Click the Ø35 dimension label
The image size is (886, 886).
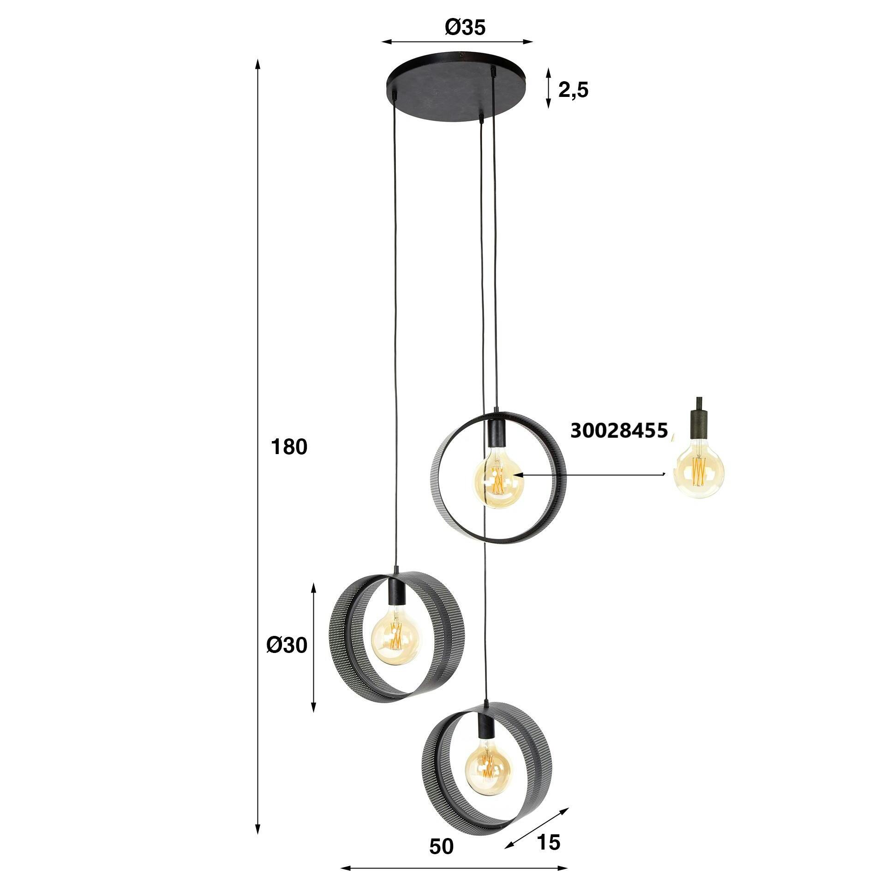[465, 28]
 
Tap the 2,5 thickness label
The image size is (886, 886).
[573, 91]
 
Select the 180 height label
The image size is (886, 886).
[289, 448]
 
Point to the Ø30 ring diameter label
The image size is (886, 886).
[287, 646]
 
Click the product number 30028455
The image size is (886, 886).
[619, 431]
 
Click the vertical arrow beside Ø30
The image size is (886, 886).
[314, 647]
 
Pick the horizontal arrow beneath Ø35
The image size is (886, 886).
[457, 42]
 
